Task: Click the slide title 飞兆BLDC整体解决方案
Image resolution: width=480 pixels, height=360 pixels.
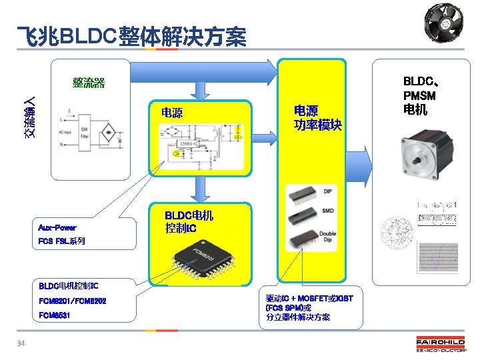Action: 131,37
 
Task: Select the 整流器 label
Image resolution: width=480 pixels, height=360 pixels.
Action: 89,83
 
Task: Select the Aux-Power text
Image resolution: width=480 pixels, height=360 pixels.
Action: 57,227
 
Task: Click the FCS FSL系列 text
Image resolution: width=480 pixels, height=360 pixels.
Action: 62,241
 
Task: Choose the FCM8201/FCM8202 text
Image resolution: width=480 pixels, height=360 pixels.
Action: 73,301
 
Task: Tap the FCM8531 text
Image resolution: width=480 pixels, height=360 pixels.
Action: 55,315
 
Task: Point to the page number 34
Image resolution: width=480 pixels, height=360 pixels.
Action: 21,343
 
